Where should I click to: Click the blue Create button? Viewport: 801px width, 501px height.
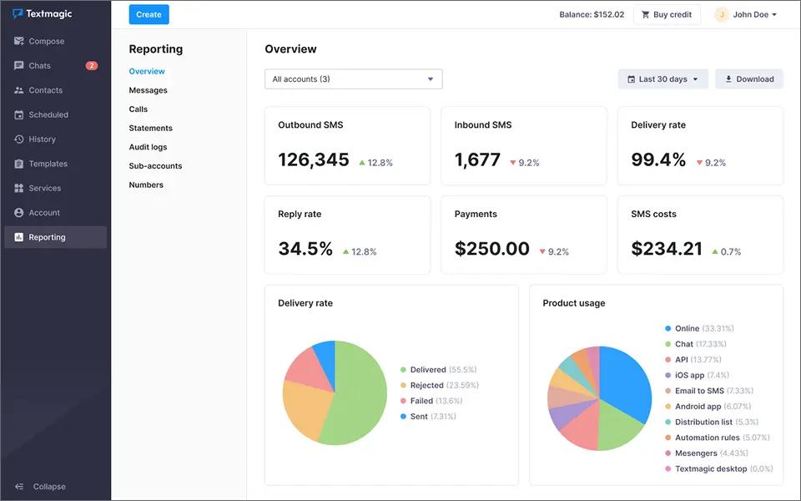149,14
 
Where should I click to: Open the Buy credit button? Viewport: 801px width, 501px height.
666,14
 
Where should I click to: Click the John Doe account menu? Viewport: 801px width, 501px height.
746,14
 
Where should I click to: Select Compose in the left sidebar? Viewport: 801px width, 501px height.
46,41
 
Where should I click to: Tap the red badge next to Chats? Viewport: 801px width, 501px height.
91,66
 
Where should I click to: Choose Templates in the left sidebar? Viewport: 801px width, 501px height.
48,164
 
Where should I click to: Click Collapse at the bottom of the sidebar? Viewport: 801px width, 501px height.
48,487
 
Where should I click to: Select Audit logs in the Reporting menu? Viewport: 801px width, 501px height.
148,147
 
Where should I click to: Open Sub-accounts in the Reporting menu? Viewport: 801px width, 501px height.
155,166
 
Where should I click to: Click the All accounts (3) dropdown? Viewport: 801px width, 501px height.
353,79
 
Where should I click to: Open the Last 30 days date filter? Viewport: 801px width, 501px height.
663,79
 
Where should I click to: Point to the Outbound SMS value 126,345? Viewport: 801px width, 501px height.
314,159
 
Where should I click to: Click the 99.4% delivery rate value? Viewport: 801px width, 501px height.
658,159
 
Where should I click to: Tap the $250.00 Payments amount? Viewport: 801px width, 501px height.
491,249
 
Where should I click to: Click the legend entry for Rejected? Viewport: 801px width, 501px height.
426,385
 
